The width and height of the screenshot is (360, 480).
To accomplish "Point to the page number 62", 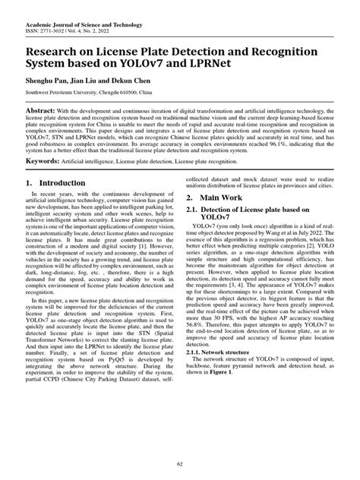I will point(179,464).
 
